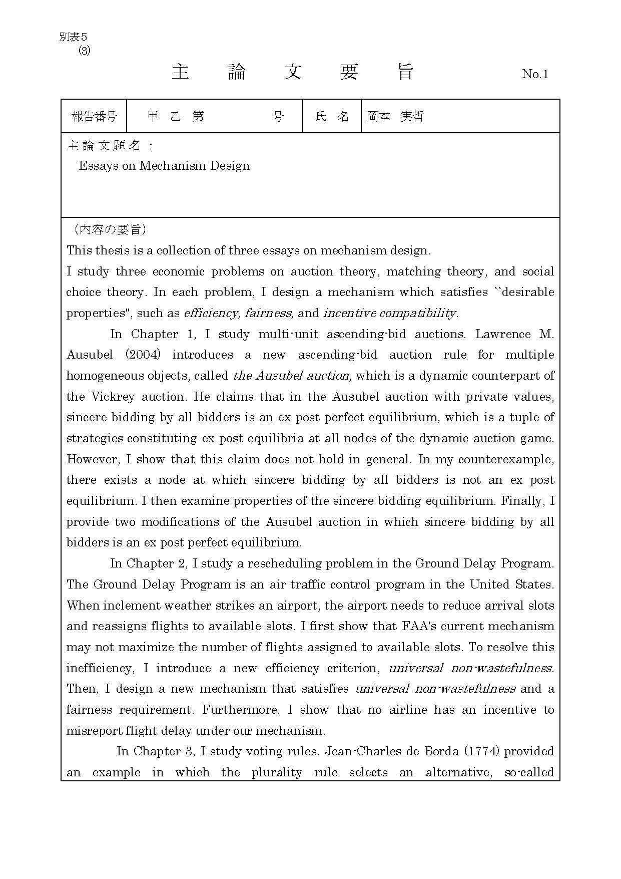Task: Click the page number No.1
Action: [535, 74]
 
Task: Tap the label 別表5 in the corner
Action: [73, 37]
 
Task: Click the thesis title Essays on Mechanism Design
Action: [164, 166]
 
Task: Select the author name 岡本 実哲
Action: [395, 117]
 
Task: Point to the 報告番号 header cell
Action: [94, 117]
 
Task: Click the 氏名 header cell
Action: [332, 117]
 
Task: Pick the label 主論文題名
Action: [110, 146]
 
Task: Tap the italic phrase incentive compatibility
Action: [389, 314]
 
